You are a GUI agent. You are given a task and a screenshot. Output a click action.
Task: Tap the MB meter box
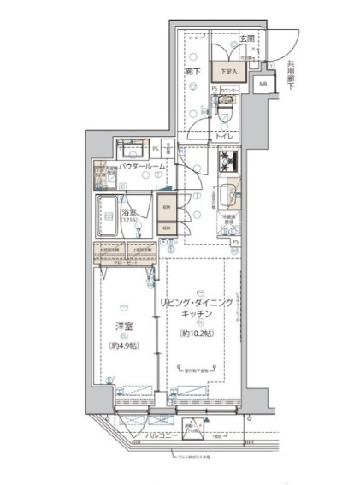[x=263, y=84]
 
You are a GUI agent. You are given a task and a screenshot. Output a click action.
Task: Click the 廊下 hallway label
[x=194, y=72]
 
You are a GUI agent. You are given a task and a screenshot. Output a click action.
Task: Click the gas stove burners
[x=229, y=161]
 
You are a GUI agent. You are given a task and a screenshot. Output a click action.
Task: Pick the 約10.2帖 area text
[x=198, y=333]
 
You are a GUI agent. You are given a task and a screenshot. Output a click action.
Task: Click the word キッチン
[x=198, y=315]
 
